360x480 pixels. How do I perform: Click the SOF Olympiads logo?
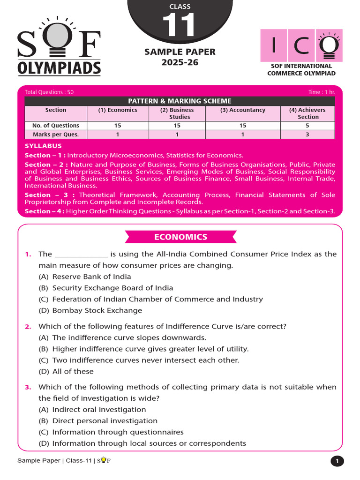[x=59, y=47]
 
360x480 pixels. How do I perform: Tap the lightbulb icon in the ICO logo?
[x=329, y=45]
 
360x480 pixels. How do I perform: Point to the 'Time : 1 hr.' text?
[x=322, y=92]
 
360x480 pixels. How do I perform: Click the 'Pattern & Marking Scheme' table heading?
[x=180, y=101]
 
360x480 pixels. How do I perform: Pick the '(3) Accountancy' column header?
[x=243, y=110]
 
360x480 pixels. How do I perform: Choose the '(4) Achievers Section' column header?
[x=307, y=113]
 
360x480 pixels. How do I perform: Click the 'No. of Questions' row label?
[x=56, y=126]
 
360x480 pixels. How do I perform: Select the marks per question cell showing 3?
[x=307, y=135]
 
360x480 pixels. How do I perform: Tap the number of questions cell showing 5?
[x=307, y=126]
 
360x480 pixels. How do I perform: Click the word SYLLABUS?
[x=43, y=146]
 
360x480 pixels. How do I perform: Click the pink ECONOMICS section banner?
[x=180, y=237]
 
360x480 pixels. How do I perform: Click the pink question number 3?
[x=28, y=387]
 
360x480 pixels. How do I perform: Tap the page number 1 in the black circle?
[x=337, y=461]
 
